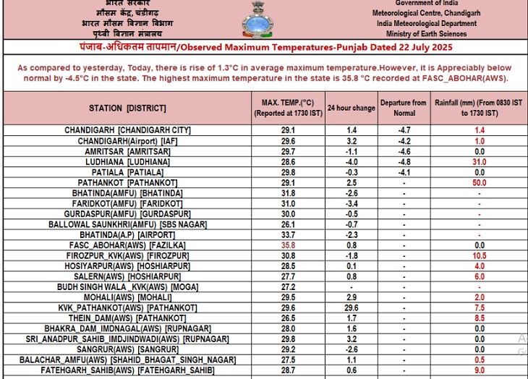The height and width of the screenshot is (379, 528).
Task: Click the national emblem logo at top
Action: point(258,20)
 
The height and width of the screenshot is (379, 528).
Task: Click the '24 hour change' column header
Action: point(351,108)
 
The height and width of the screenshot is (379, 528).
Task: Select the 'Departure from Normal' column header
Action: point(404,108)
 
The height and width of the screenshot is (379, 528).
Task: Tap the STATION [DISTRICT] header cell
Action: point(127,108)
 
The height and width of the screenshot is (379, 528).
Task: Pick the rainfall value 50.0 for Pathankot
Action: point(479,183)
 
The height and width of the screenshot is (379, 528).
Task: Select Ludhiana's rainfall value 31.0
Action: point(479,162)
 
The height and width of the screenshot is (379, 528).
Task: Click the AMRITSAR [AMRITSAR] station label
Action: point(127,151)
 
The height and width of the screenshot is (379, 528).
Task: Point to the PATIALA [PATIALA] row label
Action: point(127,172)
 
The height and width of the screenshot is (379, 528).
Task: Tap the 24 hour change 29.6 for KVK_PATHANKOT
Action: point(352,307)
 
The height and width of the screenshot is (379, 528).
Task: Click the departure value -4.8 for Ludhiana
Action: point(404,162)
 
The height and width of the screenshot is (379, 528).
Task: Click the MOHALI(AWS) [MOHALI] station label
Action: point(127,297)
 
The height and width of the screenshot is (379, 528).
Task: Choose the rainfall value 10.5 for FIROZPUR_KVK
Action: point(479,256)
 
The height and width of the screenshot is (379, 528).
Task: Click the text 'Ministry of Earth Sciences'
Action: point(426,33)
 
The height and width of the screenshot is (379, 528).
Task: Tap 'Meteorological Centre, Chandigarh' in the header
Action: point(425,13)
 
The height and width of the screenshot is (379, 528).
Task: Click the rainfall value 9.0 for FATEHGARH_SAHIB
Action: point(479,370)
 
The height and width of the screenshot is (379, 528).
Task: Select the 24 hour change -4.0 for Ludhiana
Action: point(352,162)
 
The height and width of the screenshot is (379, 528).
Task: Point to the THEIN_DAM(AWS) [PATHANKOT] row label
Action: point(127,318)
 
